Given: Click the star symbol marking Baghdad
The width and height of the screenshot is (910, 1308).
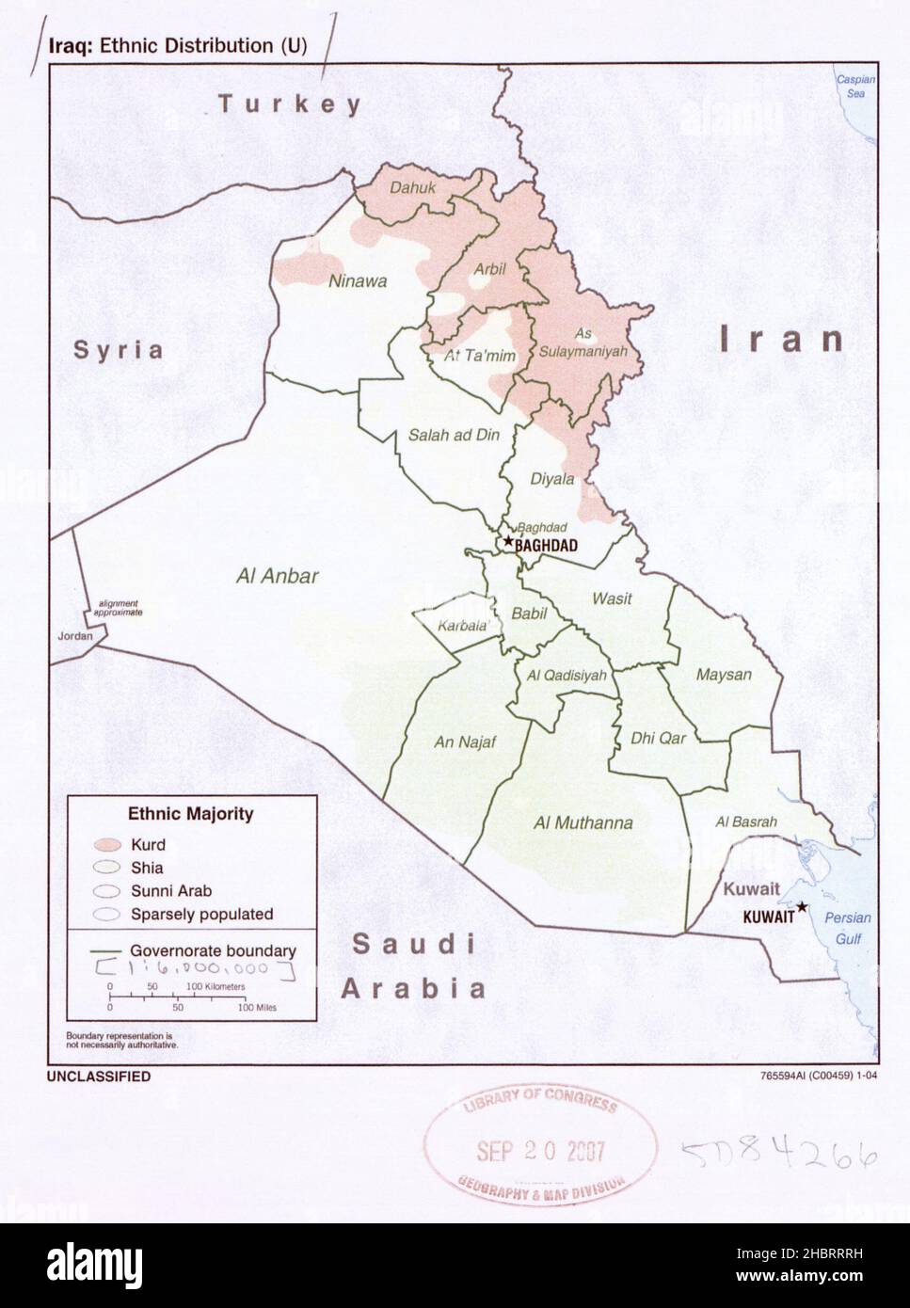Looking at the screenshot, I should (x=508, y=541).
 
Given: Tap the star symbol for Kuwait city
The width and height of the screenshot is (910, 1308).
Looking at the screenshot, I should (x=801, y=906).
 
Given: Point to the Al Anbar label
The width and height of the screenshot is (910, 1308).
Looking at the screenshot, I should (x=277, y=576).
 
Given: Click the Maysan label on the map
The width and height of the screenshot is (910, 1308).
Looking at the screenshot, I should (x=724, y=674).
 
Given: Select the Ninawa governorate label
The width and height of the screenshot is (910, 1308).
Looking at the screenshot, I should (x=357, y=280).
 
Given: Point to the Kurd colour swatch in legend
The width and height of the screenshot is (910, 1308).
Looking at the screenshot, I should (x=105, y=845).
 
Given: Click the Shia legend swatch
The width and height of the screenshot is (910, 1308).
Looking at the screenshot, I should (x=105, y=868).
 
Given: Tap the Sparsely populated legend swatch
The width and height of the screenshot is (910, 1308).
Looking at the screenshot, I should (x=105, y=913).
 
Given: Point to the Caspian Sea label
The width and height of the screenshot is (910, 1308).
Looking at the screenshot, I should (x=855, y=87).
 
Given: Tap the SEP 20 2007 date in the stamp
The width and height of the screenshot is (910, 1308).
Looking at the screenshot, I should (x=539, y=1150).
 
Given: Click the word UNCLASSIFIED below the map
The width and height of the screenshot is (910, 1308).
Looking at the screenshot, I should (x=99, y=1077).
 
